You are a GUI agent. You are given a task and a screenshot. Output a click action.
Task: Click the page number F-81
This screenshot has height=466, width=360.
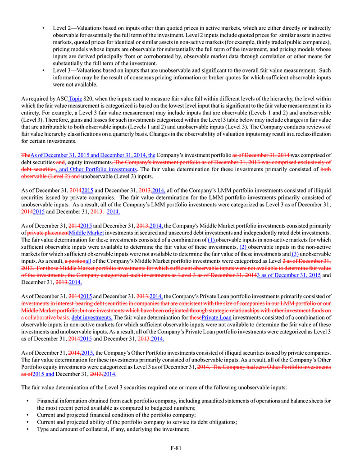pos(176,448)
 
